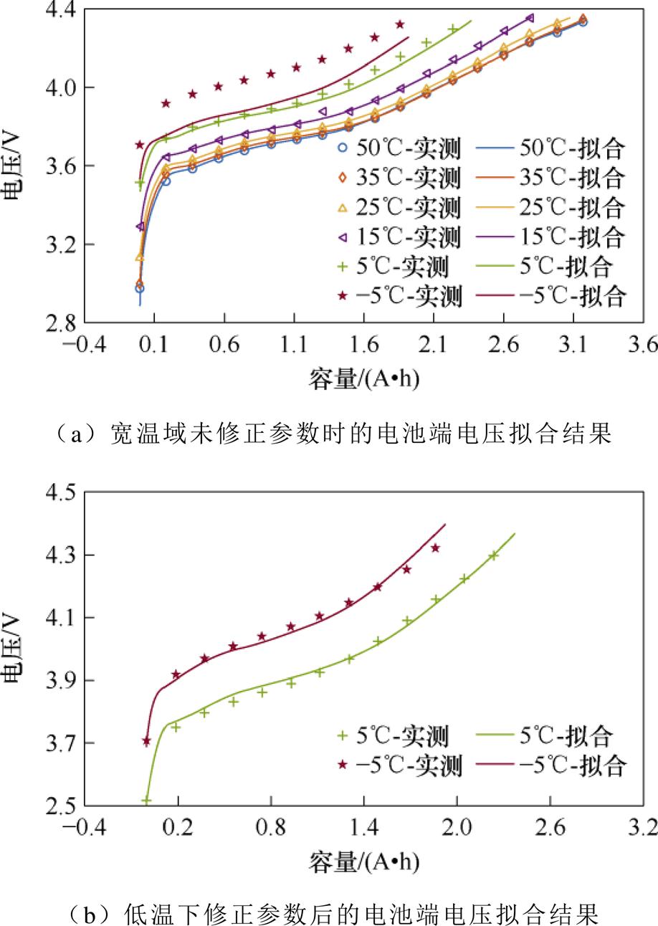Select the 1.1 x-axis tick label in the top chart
click(294, 346)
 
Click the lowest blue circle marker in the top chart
click(140, 288)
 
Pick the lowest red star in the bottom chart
click(147, 741)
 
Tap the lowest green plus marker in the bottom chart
click(147, 801)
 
